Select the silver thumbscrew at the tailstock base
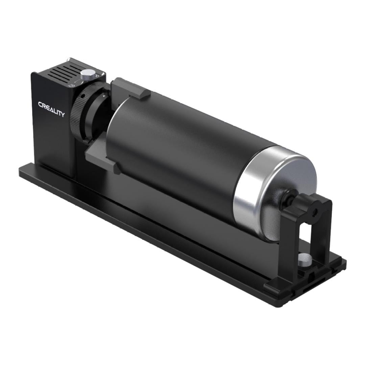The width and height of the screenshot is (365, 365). pos(305,259)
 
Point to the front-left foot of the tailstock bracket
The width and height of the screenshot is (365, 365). pos(274,287)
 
